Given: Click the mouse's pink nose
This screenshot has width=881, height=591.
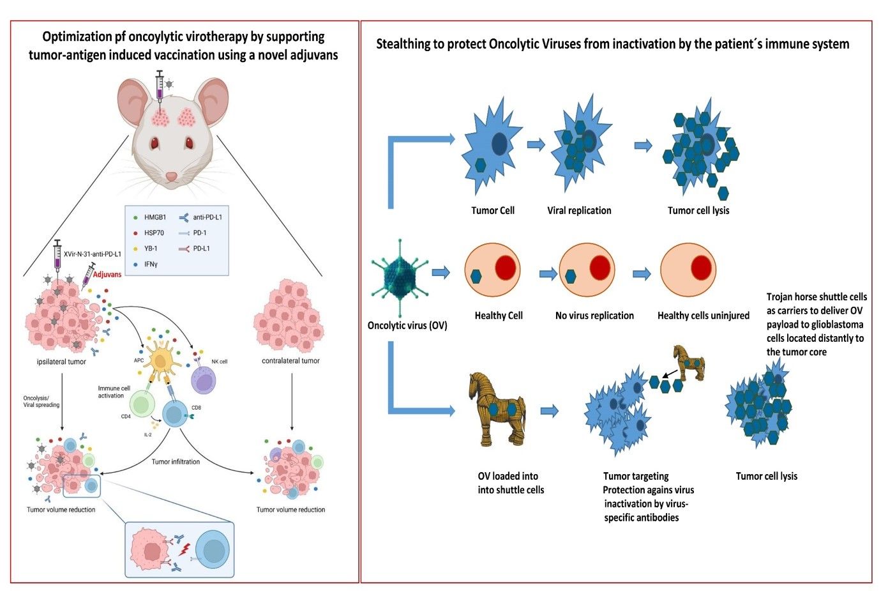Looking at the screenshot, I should tap(172, 176).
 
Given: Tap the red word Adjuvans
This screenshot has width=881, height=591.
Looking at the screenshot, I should tap(107, 274).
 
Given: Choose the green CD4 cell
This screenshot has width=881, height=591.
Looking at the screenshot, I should tap(142, 404).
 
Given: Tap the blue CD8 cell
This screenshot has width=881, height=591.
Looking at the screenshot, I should tap(174, 414).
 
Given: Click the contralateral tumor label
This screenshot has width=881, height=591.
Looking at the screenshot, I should tap(290, 361).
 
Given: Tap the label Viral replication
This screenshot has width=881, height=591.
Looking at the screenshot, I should tap(579, 211).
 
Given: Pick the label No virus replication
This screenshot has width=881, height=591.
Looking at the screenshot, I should tap(594, 316).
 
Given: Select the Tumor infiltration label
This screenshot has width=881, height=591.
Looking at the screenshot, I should tap(176, 461).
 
